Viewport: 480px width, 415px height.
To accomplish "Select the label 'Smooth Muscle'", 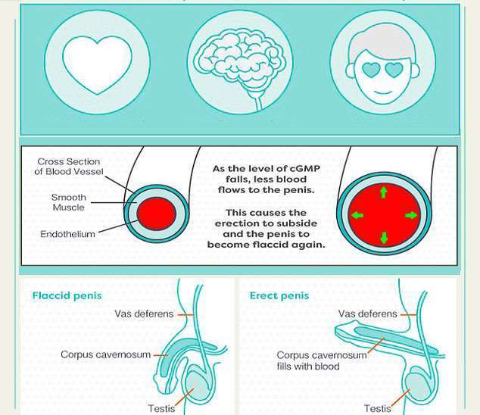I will pyautogui.click(x=69, y=202).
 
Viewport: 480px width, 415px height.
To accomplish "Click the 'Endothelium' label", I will pyautogui.click(x=67, y=234).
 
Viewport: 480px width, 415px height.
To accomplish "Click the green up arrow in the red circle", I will pyautogui.click(x=383, y=192).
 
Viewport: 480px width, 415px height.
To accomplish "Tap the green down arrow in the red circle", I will pyautogui.click(x=383, y=239).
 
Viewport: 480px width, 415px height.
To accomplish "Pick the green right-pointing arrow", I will pyautogui.click(x=412, y=215).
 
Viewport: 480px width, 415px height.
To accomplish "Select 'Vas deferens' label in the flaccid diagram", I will pyautogui.click(x=144, y=314).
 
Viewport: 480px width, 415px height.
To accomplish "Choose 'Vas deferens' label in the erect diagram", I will pyautogui.click(x=367, y=314).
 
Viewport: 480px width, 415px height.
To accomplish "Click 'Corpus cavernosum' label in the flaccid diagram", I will pyautogui.click(x=106, y=354).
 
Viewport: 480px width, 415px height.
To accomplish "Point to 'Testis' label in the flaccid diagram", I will pyautogui.click(x=161, y=409).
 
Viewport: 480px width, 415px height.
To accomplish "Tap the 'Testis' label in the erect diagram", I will pyautogui.click(x=377, y=409).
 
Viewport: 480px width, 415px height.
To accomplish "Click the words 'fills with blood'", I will pyautogui.click(x=307, y=367).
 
